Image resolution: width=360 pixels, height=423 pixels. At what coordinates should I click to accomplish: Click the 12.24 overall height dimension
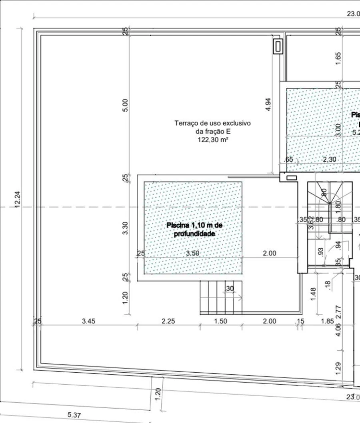(18, 199)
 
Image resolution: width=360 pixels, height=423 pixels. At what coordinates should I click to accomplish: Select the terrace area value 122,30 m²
(212, 140)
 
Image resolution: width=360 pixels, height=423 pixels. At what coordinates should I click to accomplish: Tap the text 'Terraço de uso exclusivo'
(212, 123)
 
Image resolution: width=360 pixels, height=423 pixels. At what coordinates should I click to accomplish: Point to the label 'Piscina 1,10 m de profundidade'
(194, 229)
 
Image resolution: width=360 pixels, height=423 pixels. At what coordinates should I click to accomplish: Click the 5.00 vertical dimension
(125, 105)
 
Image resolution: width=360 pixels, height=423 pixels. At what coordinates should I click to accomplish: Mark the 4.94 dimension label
(269, 104)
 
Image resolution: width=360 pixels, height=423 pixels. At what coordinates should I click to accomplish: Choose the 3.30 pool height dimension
(125, 228)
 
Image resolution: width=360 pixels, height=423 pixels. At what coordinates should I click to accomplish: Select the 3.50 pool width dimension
(193, 253)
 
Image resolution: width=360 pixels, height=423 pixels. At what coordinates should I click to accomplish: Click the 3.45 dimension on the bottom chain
(88, 321)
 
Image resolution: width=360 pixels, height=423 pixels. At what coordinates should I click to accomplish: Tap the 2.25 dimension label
(168, 321)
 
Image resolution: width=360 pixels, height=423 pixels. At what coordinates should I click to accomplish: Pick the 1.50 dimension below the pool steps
(220, 321)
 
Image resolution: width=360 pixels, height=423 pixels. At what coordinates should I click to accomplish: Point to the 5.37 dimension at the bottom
(74, 415)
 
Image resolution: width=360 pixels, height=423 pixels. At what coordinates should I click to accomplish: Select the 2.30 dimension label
(329, 160)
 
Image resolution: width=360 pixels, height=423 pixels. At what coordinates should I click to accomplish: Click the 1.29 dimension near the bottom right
(338, 368)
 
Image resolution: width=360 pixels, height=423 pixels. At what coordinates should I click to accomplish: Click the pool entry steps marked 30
(221, 297)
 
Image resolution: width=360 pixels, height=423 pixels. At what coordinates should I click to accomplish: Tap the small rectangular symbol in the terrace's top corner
(278, 46)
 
